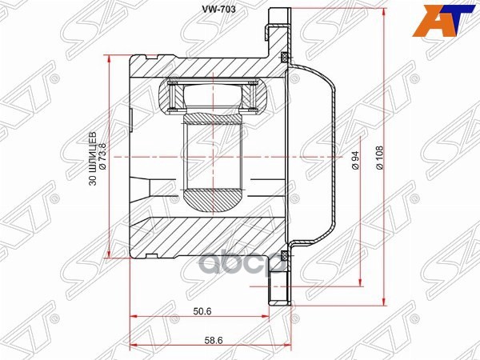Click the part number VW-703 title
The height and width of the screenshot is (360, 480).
(x=218, y=10)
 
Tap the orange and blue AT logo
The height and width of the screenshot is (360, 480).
(x=446, y=21)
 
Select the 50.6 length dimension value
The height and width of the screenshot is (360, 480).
(x=202, y=311)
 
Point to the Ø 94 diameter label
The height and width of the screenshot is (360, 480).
(x=354, y=161)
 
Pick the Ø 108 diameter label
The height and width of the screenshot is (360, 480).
(x=379, y=158)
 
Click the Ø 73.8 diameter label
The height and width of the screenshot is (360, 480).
(x=102, y=157)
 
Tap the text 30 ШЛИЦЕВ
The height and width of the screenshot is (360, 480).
(x=93, y=158)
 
